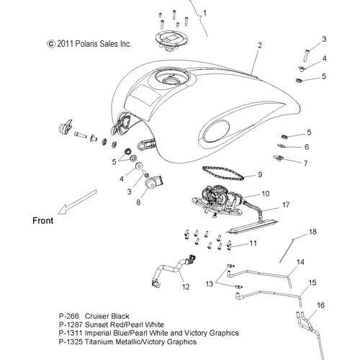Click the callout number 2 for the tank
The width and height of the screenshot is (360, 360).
point(260,45)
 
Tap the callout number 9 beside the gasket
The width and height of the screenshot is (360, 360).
point(260,174)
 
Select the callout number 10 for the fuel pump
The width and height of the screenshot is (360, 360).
point(266,194)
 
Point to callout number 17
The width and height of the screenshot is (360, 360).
point(286,204)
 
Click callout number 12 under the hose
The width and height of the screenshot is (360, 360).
point(186,287)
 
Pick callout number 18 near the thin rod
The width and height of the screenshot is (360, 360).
point(312,232)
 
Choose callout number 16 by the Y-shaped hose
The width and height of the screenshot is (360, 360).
point(320,305)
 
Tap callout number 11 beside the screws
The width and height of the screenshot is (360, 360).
point(253,243)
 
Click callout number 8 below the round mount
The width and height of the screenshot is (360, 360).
point(138,202)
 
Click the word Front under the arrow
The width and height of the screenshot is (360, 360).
point(43,220)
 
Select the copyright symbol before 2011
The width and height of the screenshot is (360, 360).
point(51,44)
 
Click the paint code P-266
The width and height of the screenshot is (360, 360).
point(69,316)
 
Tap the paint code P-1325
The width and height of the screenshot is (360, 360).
point(71,341)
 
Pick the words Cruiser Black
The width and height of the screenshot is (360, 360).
point(107,316)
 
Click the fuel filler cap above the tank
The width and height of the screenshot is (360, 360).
point(170,39)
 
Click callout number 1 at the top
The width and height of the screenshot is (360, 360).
point(204,13)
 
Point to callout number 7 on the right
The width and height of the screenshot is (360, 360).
point(305,163)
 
